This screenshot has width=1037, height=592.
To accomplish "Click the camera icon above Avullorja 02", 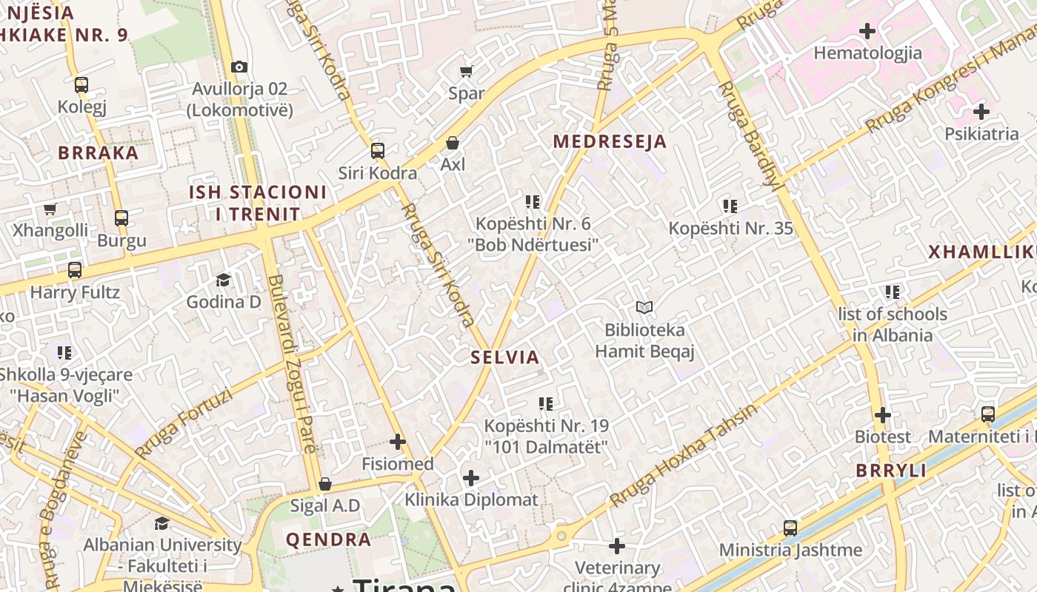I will (239, 67).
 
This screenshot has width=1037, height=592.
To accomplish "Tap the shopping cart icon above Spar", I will (466, 72).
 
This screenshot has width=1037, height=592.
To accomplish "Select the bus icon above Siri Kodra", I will (378, 151).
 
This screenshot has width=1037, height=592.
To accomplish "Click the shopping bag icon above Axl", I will (453, 143).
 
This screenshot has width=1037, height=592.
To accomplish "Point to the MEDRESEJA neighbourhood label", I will (610, 141).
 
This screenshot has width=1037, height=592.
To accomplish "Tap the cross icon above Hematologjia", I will (867, 31).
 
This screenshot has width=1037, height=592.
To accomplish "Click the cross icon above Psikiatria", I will (981, 112).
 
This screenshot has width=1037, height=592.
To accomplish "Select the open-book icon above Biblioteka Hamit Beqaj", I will (644, 307).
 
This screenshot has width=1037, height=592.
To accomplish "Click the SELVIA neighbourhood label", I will (505, 357).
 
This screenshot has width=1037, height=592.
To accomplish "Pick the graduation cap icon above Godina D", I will (223, 280).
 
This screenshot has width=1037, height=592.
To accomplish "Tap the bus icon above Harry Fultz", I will (75, 270).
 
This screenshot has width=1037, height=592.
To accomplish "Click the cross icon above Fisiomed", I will (398, 442).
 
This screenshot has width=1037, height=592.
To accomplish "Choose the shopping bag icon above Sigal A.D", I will (324, 485).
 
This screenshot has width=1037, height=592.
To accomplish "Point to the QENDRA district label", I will (329, 539).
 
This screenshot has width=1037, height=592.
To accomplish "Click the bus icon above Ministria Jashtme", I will (790, 528).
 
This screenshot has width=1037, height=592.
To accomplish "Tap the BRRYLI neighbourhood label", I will (891, 471).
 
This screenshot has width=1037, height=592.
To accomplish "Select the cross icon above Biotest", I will (882, 415).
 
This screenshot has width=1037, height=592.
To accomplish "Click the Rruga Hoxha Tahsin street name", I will (683, 456).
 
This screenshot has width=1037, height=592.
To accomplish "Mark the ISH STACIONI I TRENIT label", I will (257, 203).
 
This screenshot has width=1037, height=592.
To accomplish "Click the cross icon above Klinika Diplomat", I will (471, 478).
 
